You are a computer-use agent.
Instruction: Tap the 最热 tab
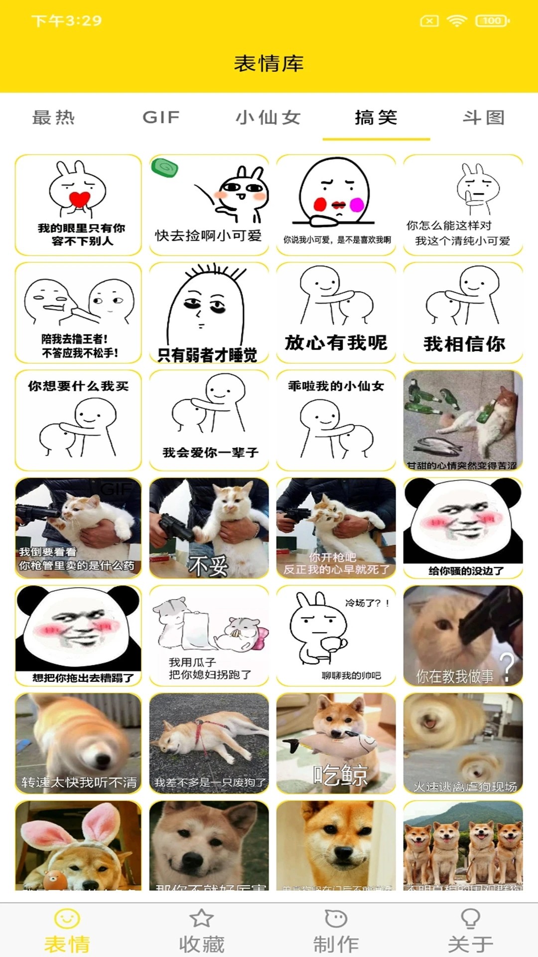click(x=53, y=118)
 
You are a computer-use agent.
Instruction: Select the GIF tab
click(x=161, y=118)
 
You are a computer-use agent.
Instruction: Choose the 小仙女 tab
click(x=269, y=118)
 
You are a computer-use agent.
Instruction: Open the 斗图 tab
click(x=484, y=118)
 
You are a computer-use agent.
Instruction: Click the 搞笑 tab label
click(x=376, y=118)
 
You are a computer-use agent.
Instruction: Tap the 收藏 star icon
click(x=201, y=918)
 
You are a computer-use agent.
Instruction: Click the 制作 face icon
click(x=336, y=918)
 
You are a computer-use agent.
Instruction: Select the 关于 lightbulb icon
click(x=470, y=918)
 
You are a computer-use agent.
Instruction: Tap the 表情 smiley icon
click(x=67, y=918)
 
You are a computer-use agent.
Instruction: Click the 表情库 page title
click(x=269, y=64)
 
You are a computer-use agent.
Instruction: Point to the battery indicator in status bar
click(x=492, y=21)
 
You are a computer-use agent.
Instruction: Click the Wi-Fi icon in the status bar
click(x=456, y=21)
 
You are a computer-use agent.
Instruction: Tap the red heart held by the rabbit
click(x=79, y=199)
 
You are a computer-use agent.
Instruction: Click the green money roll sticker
click(x=165, y=168)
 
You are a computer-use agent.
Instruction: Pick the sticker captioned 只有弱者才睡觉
click(x=209, y=313)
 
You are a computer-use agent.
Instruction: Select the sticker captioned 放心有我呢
click(x=336, y=313)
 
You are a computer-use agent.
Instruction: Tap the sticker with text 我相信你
click(x=463, y=313)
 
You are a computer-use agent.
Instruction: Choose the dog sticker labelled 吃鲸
click(x=336, y=743)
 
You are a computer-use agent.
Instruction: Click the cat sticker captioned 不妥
click(x=209, y=528)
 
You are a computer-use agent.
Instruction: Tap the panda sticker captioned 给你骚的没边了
click(x=463, y=528)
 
